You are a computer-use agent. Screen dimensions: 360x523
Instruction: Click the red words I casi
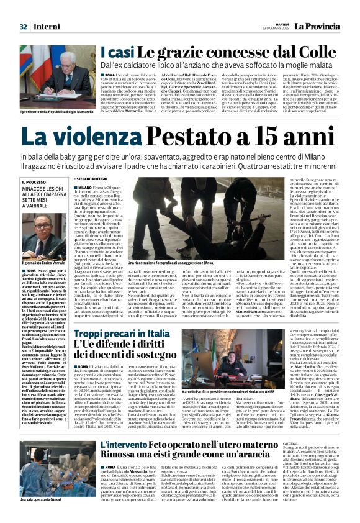115,53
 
